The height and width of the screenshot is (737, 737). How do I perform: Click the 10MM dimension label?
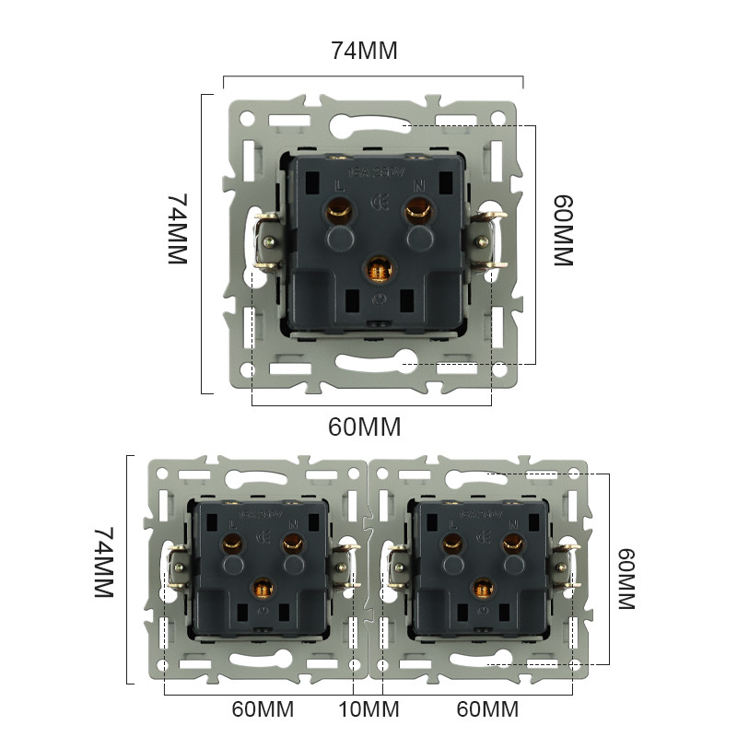pos(368,710)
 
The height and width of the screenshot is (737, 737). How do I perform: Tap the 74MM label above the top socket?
pos(364,52)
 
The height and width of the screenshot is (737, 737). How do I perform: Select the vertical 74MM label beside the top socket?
pos(178,229)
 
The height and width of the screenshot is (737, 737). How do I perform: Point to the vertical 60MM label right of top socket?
pos(563,230)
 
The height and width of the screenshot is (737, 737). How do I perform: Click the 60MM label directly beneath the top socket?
pos(365,427)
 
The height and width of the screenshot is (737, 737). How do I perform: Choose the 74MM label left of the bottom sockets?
pos(103,564)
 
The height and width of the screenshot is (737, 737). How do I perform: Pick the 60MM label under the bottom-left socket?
pos(263,710)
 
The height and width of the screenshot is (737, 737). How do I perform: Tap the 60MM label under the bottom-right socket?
pos(487,710)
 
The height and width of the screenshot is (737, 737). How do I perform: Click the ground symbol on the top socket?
pos(378,300)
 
